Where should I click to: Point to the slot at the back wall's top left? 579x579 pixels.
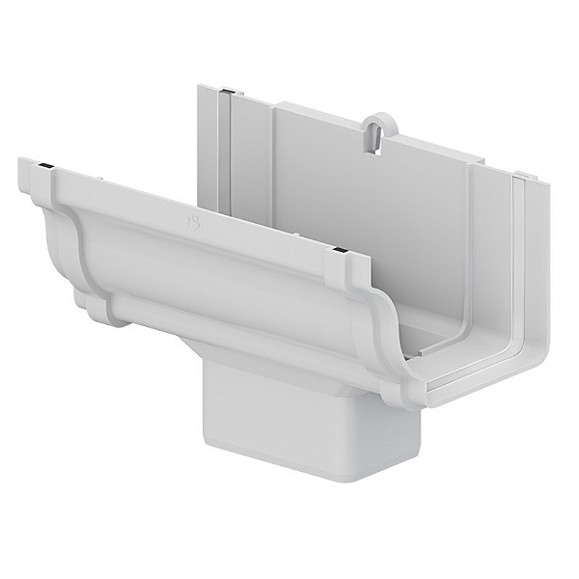[224, 94]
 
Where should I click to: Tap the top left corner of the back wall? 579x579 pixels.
[201, 88]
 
